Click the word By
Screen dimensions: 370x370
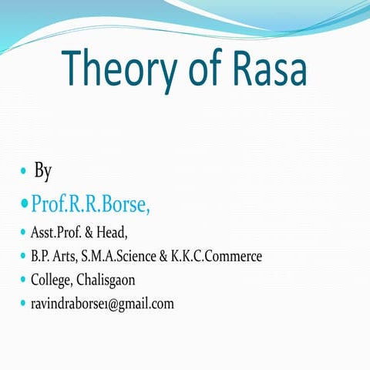click(43, 170)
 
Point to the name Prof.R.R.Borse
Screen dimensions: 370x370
click(90, 204)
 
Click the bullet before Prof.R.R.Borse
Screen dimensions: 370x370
click(23, 204)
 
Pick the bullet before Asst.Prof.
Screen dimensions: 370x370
click(23, 232)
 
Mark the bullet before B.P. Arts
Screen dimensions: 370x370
click(23, 256)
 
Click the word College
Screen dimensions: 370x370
click(52, 280)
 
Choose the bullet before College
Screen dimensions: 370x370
click(23, 280)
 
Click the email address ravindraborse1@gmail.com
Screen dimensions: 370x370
click(102, 304)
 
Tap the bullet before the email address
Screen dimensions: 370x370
click(23, 304)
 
